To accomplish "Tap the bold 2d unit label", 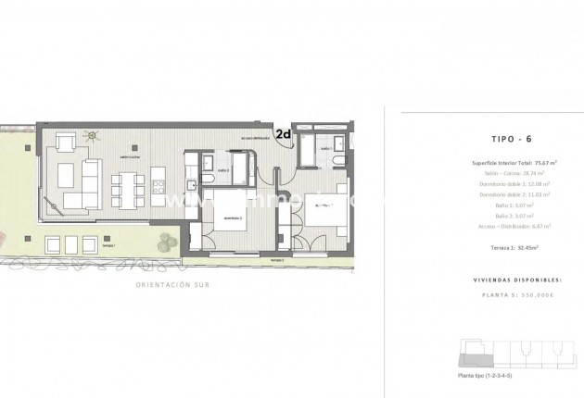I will coord(284,135).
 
